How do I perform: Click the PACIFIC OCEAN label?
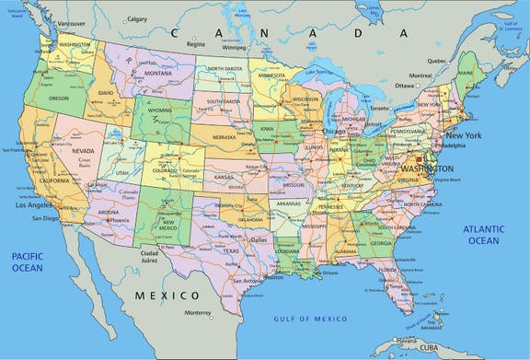28,261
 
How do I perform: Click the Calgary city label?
137,18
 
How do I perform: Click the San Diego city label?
44,218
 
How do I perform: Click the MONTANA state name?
157,73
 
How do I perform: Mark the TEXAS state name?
230,250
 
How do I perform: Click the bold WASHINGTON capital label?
420,169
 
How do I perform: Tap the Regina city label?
195,43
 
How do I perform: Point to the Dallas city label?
258,239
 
